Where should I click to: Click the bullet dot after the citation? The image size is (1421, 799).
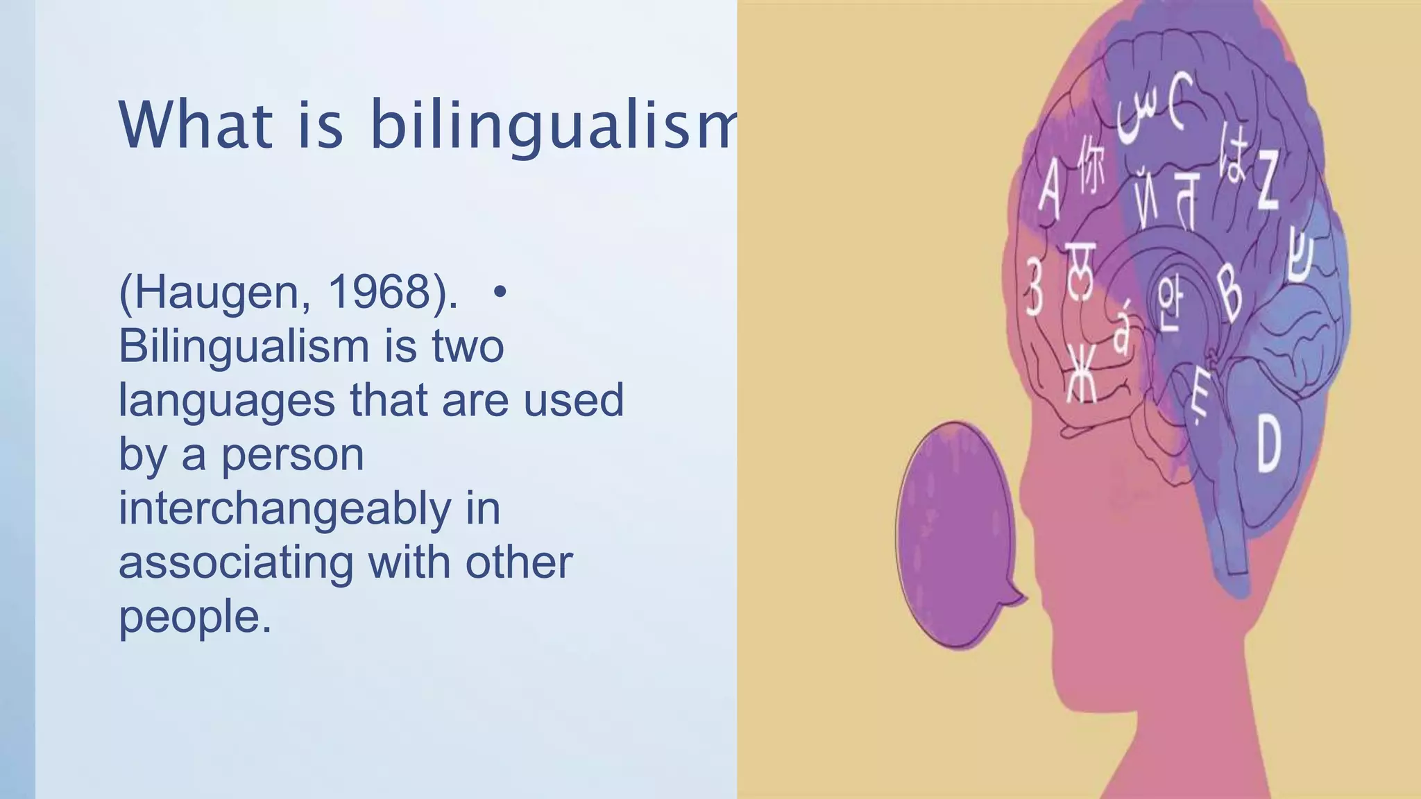(499, 292)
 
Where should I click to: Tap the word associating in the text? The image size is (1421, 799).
(236, 562)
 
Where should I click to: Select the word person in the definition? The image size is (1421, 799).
(292, 455)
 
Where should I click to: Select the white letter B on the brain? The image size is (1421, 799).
(1230, 293)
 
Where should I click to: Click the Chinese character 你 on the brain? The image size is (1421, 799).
(1091, 166)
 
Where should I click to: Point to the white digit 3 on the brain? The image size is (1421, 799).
(1034, 286)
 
